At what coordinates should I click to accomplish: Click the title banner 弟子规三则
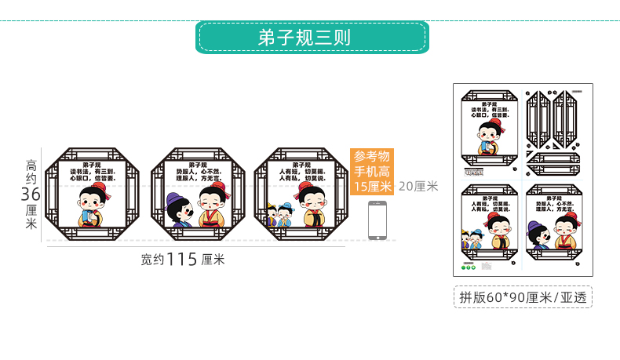point(311,37)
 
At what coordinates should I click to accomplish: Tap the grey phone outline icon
point(377,219)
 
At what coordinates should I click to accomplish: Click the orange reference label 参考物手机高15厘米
point(372,171)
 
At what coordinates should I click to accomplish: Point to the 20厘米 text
point(418,187)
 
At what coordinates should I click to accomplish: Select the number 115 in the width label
point(181,260)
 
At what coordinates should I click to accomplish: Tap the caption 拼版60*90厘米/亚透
point(522,296)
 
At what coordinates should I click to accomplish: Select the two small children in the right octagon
point(279,214)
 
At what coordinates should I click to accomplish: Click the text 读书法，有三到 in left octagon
point(93,171)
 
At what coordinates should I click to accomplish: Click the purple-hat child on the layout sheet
point(538,235)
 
